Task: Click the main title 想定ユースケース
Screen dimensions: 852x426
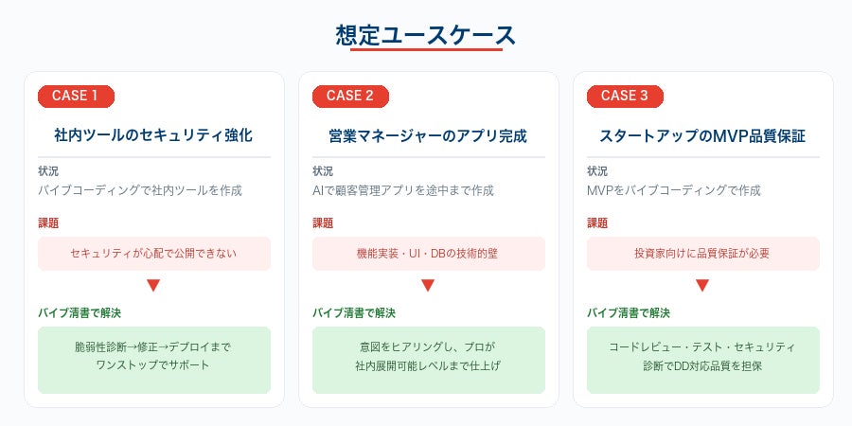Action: (x=425, y=36)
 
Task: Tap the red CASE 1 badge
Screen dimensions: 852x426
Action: (x=76, y=96)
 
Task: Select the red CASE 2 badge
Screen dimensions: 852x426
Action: (x=350, y=96)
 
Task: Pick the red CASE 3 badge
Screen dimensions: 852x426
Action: (x=625, y=96)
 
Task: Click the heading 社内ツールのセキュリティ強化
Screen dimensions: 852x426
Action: (x=153, y=135)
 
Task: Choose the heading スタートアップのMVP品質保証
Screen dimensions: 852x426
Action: (x=702, y=135)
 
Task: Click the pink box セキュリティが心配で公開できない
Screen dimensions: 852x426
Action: (x=153, y=254)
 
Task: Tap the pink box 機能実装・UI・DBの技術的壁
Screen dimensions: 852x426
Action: (x=428, y=254)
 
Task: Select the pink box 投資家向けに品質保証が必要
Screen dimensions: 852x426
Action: (x=702, y=254)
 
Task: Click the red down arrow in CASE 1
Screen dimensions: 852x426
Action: (x=153, y=285)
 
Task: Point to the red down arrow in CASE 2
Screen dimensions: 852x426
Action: (x=428, y=285)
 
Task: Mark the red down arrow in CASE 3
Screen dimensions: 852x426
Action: (x=702, y=285)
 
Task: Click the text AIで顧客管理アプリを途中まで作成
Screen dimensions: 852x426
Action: (x=403, y=190)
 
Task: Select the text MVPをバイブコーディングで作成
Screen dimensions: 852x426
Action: (x=674, y=190)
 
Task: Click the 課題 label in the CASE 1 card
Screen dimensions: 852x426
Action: (x=48, y=223)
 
